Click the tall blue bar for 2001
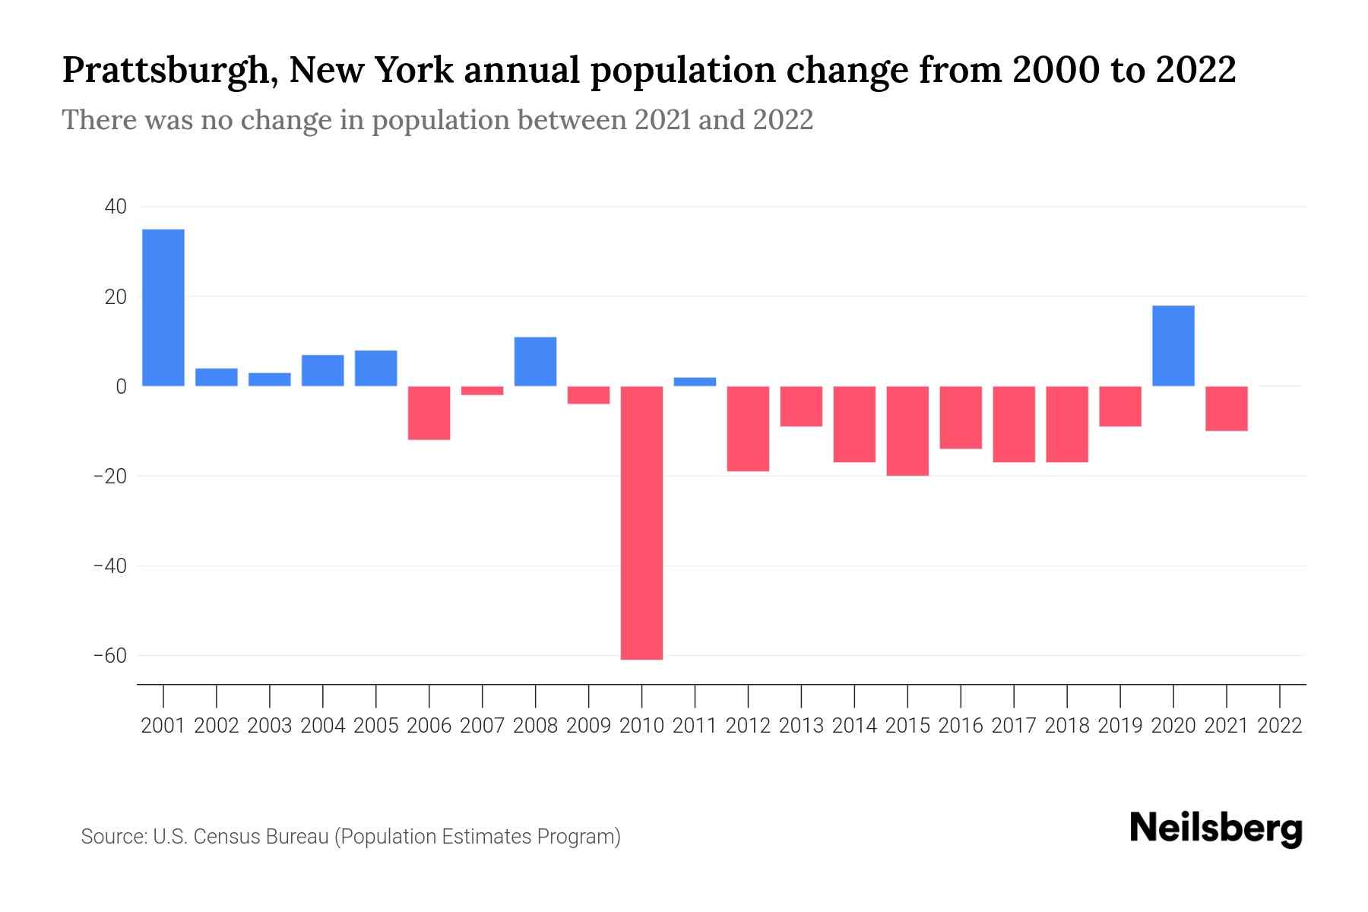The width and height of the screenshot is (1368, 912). [x=163, y=308]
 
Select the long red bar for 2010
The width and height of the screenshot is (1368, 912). [x=641, y=523]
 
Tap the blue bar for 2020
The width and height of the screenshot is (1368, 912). [x=1173, y=346]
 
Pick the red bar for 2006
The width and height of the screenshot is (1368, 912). [x=429, y=413]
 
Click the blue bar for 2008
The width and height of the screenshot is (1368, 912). [x=535, y=362]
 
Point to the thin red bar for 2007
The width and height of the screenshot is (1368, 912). [x=482, y=391]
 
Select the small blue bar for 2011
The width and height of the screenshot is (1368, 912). [x=695, y=382]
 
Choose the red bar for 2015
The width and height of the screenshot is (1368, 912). [x=907, y=431]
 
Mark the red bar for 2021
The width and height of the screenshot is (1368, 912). [x=1226, y=409]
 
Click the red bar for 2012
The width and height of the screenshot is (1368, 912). [x=748, y=429]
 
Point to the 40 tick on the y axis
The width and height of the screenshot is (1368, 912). [x=116, y=207]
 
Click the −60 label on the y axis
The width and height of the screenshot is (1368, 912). [x=109, y=655]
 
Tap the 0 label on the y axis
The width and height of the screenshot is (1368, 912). [x=121, y=386]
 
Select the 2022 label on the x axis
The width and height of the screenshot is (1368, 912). [x=1280, y=726]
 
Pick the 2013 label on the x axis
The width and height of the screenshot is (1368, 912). [x=801, y=726]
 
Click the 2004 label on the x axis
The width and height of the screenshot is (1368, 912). [x=322, y=726]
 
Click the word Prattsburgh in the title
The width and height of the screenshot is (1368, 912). [x=164, y=71]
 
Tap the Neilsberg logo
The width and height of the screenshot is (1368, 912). [x=1216, y=828]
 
